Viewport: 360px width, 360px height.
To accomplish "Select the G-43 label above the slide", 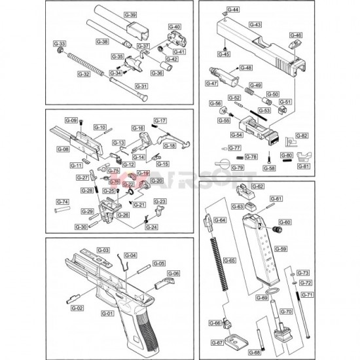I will coord(255,24).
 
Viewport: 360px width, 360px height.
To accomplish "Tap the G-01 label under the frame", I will coord(106,314).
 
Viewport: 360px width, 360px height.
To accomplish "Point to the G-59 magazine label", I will coord(280,249).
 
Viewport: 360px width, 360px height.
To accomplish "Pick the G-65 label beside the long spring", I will coord(230,261).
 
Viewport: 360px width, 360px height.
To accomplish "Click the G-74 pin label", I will coord(63,202).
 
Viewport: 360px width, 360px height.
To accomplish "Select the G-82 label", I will coord(302,135).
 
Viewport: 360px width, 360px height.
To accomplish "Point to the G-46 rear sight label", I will coord(296,35).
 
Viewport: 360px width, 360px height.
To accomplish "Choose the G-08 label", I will coord(63,149).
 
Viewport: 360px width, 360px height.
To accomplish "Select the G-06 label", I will coord(173,273).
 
